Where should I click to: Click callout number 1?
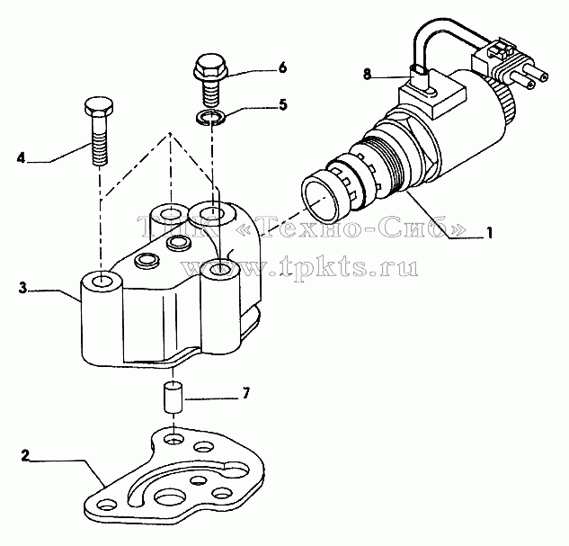(x=490, y=233)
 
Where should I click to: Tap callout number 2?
(x=24, y=456)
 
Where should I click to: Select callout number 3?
(x=22, y=288)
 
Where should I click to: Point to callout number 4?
(x=21, y=158)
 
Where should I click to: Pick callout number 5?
(x=282, y=104)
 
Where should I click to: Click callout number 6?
(x=283, y=67)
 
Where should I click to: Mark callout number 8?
(x=368, y=75)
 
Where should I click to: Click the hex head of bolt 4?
(x=98, y=105)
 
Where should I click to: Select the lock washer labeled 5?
(x=210, y=118)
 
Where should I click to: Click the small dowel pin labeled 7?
(x=173, y=397)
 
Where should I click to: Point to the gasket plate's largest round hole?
(x=170, y=496)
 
